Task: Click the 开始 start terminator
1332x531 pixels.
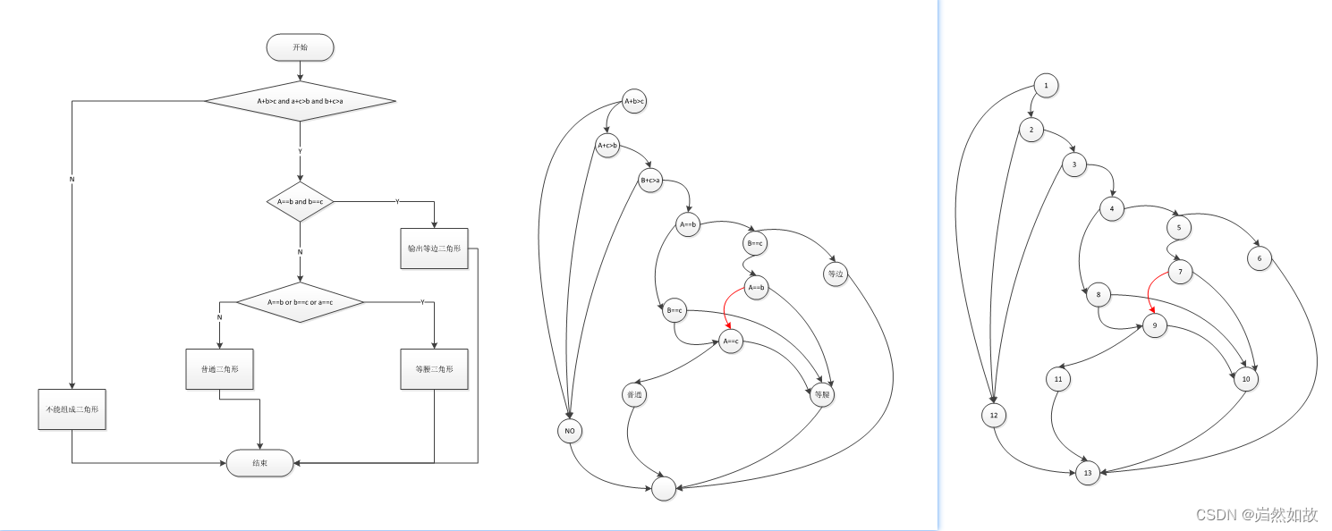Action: tap(300, 47)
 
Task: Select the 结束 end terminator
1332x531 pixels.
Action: tap(259, 463)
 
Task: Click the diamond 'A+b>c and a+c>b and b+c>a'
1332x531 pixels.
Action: tap(300, 101)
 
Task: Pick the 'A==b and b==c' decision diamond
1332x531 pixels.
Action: tap(300, 201)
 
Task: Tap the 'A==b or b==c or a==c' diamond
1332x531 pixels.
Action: tap(300, 302)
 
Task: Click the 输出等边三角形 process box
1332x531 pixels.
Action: tap(434, 248)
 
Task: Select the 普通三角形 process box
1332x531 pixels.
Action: tap(219, 369)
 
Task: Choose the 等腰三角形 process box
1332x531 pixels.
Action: tap(434, 369)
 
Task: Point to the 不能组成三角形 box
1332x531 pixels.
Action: tap(72, 409)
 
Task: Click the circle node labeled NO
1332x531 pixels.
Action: tap(569, 431)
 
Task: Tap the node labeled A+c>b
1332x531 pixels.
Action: tap(607, 145)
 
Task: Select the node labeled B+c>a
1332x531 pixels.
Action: tap(650, 181)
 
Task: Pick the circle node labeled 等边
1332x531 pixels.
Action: tap(836, 274)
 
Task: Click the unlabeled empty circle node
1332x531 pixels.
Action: tap(664, 488)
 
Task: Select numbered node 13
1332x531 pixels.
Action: tap(1087, 474)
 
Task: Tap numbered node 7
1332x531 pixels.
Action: tap(1180, 273)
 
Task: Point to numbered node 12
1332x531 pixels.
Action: tap(994, 416)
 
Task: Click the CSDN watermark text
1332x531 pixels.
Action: tap(1257, 515)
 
